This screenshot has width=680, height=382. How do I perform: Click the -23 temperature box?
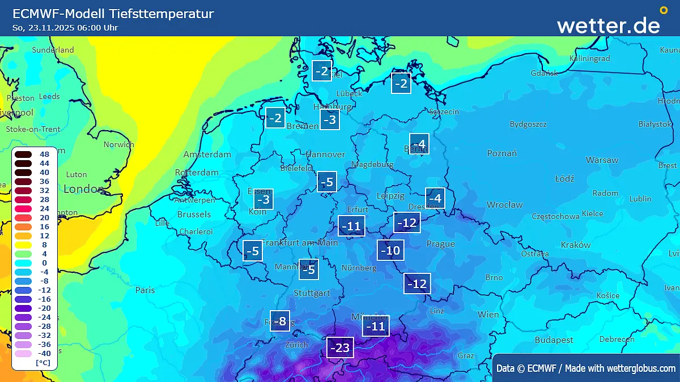pos(340,347)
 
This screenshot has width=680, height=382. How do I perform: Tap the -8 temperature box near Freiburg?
pos(280,321)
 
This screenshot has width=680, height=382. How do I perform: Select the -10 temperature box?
pos(391,250)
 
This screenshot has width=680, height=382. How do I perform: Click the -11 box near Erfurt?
pos(351,226)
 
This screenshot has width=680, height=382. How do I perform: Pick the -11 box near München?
pos(376,326)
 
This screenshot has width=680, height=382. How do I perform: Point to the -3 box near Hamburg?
pos(330,119)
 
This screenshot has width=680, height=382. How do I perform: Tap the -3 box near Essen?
pos(263,199)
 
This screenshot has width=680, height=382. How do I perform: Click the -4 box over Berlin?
pos(419,144)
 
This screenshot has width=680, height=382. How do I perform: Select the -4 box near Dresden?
pos(435,198)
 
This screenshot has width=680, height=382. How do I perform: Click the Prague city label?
pos(440,244)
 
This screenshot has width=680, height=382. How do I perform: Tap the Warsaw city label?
pos(602,160)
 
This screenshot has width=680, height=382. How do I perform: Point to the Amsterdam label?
pos(207,154)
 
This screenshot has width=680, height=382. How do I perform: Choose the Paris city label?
pos(145,290)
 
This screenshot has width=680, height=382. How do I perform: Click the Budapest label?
pos(554,340)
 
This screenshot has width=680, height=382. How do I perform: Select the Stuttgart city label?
pos(312,293)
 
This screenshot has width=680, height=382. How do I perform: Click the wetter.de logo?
pos(609,25)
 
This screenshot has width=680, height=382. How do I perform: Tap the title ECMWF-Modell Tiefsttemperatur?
pos(113,14)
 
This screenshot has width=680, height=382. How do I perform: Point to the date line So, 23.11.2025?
pos(65,28)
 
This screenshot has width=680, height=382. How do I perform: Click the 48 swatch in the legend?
pos(23,154)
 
